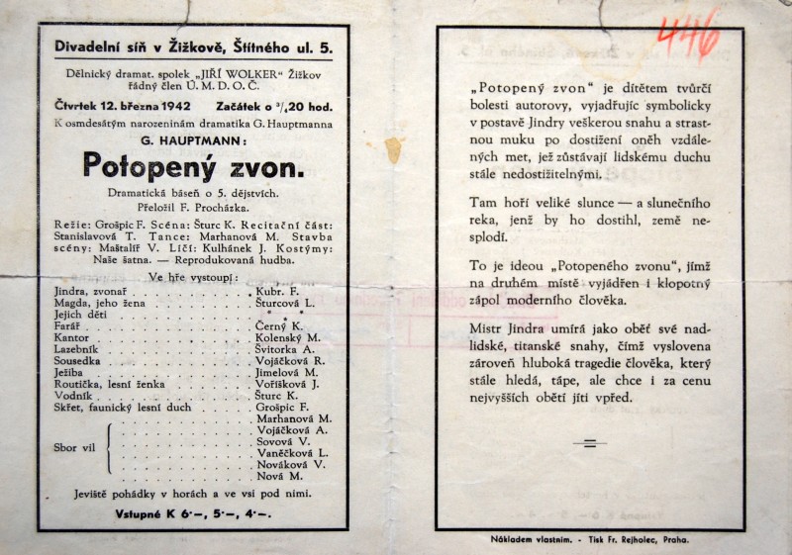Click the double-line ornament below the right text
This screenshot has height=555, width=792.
[x=591, y=444]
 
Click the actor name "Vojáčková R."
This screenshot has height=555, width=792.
[x=293, y=360]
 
